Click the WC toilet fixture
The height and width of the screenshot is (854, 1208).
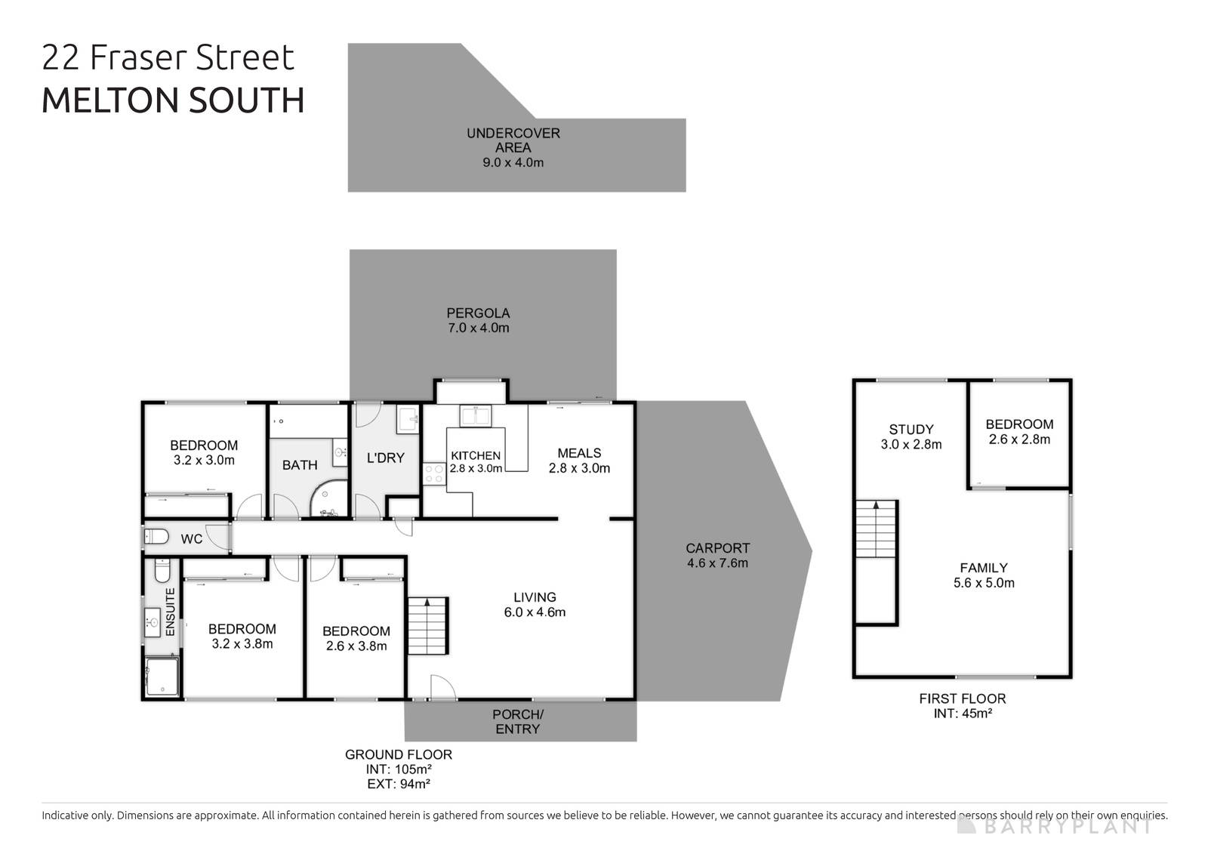coord(156,538)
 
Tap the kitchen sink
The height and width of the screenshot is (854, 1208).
coord(476,416)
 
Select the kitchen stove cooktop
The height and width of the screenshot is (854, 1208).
coord(434,473)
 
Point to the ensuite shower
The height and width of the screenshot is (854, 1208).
coord(162,677)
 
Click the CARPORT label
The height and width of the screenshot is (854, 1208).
coord(717,548)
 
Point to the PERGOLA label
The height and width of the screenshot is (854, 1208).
coord(478,313)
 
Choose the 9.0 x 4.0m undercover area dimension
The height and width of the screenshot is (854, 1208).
coord(513,162)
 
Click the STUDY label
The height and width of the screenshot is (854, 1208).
coord(911,430)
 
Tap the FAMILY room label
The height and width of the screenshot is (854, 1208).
coord(984,568)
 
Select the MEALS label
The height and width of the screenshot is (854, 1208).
coord(579,453)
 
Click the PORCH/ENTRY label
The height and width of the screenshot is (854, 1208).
coord(518,721)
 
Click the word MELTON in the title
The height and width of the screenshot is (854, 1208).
coord(110,100)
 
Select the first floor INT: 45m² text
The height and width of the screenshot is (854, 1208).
coord(963,713)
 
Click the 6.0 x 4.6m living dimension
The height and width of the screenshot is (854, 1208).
coord(535,612)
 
